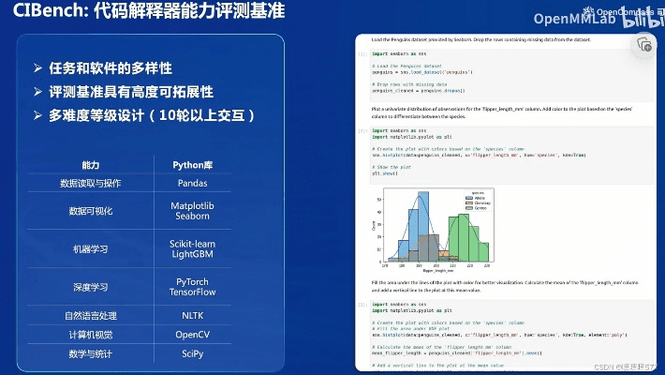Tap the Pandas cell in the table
click(191, 183)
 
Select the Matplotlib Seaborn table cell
click(191, 211)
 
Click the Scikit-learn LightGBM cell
click(191, 248)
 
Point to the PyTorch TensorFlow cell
click(191, 286)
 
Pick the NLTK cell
click(191, 316)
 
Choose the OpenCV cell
click(191, 335)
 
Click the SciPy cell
click(191, 352)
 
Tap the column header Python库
click(191, 164)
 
